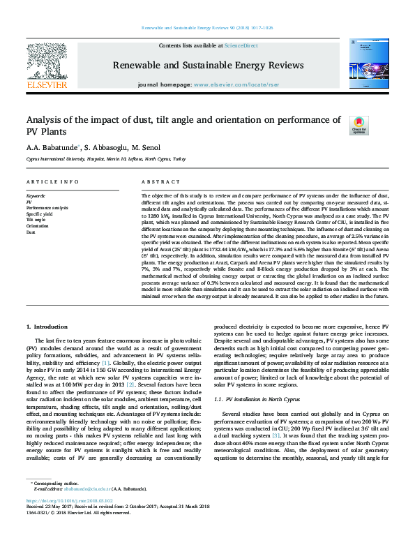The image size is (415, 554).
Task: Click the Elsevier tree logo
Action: pyautogui.click(x=46, y=64)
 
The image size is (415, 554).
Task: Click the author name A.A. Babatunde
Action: pyautogui.click(x=52, y=148)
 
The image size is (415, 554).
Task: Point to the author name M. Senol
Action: pyautogui.click(x=146, y=148)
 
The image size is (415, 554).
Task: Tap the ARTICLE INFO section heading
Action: pyautogui.click(x=52, y=182)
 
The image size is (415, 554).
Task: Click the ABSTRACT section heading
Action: pyautogui.click(x=156, y=182)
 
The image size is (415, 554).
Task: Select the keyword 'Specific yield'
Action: pyautogui.click(x=40, y=214)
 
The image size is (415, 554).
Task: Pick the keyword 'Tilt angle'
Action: pyautogui.click(x=36, y=220)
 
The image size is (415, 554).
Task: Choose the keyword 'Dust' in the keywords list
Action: pyautogui.click(x=31, y=232)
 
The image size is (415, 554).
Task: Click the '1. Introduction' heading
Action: pyautogui.click(x=48, y=327)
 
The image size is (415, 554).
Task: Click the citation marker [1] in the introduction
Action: pyautogui.click(x=105, y=364)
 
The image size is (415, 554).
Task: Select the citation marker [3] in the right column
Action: pyautogui.click(x=276, y=415)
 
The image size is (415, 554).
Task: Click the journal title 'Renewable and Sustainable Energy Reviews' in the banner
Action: pyautogui.click(x=208, y=65)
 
